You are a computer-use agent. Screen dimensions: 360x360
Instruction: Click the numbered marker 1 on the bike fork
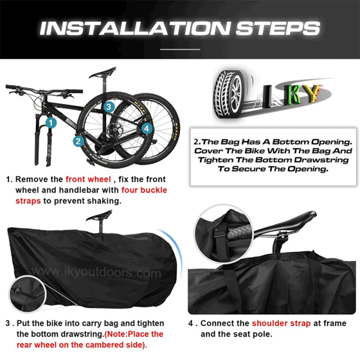click(51, 122)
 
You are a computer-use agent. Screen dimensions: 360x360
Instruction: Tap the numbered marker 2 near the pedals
click(78, 142)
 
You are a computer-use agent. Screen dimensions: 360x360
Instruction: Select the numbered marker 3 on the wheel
click(108, 107)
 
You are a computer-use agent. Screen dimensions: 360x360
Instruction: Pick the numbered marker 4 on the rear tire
click(146, 128)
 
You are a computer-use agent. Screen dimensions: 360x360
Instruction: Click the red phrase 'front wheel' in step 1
click(88, 179)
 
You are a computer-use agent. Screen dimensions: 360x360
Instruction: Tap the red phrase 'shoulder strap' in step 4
click(281, 323)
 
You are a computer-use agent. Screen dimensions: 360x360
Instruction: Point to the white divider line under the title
click(180, 49)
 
